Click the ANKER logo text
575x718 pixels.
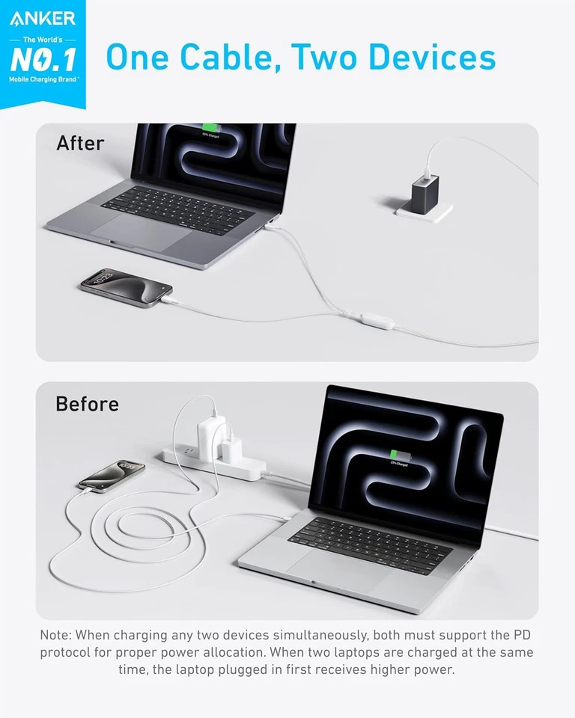click(x=43, y=18)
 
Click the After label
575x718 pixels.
click(x=80, y=143)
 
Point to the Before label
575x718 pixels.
click(x=87, y=404)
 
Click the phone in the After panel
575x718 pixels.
click(x=127, y=287)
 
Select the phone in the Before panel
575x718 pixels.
click(x=112, y=475)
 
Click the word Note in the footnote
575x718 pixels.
click(x=58, y=635)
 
